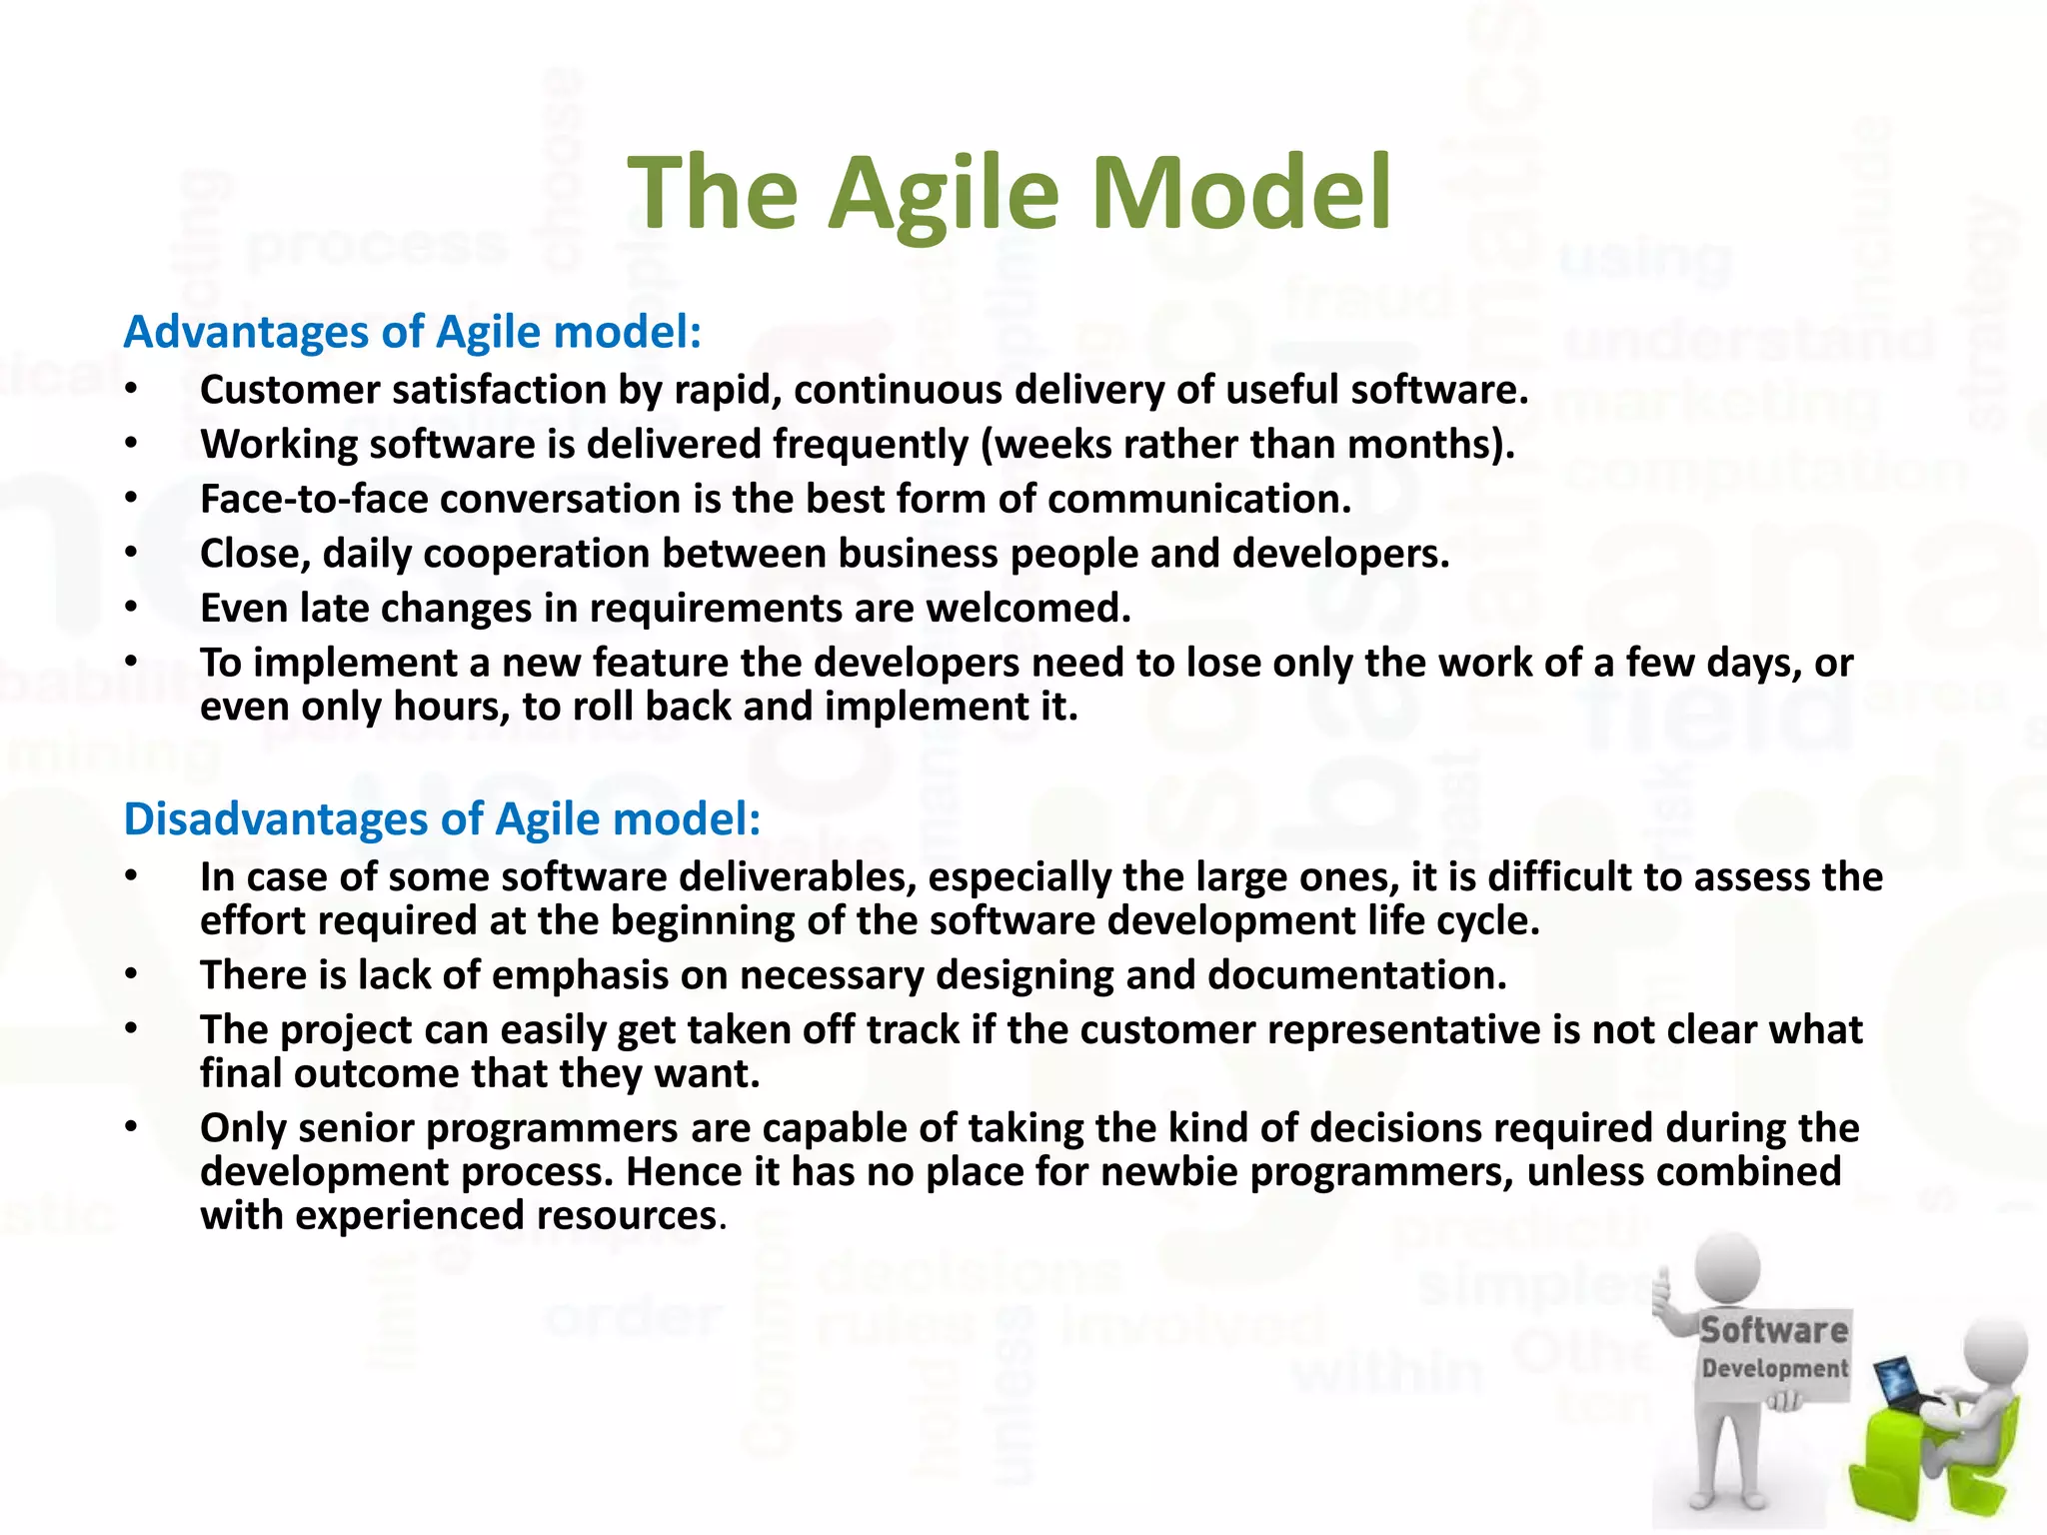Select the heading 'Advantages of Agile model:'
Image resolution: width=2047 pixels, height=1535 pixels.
pyautogui.click(x=412, y=332)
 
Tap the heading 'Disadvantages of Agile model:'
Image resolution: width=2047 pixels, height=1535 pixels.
pyautogui.click(x=442, y=818)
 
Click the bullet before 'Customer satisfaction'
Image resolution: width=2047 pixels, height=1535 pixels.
pyautogui.click(x=131, y=390)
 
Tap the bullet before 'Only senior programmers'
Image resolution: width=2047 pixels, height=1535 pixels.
pyautogui.click(x=131, y=1128)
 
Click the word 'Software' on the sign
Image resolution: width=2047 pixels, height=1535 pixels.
pyautogui.click(x=1774, y=1330)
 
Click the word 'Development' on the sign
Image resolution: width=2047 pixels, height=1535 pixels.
pyautogui.click(x=1775, y=1368)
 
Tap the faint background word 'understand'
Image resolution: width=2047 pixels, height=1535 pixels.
pyautogui.click(x=1749, y=340)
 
